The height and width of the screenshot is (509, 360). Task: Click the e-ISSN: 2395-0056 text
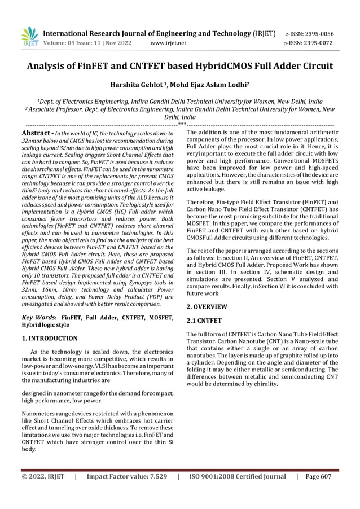click(x=309, y=33)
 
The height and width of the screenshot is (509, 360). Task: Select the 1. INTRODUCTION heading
click(x=50, y=339)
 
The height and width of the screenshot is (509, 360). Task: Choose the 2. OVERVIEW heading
click(x=207, y=307)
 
